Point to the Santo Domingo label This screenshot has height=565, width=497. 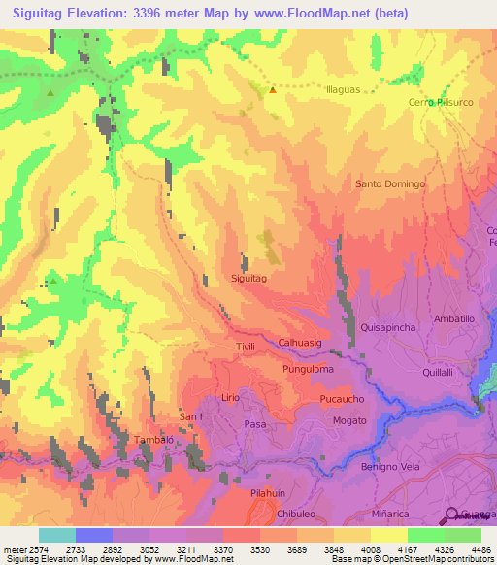(390, 183)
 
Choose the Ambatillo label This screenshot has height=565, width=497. (453, 318)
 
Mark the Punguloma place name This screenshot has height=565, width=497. (308, 369)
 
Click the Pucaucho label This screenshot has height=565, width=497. (342, 400)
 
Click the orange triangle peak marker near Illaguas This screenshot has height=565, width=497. (273, 90)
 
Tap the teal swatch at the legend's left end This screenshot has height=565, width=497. (56, 535)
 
